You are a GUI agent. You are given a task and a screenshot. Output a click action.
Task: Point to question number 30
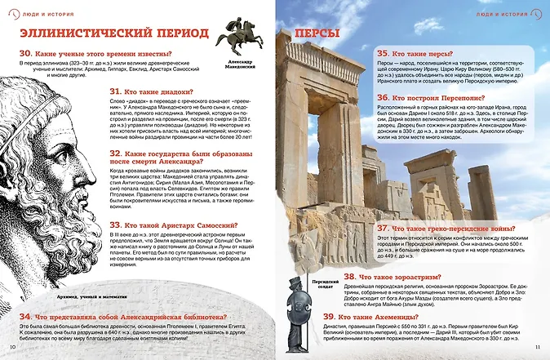pyautogui.click(x=25, y=54)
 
